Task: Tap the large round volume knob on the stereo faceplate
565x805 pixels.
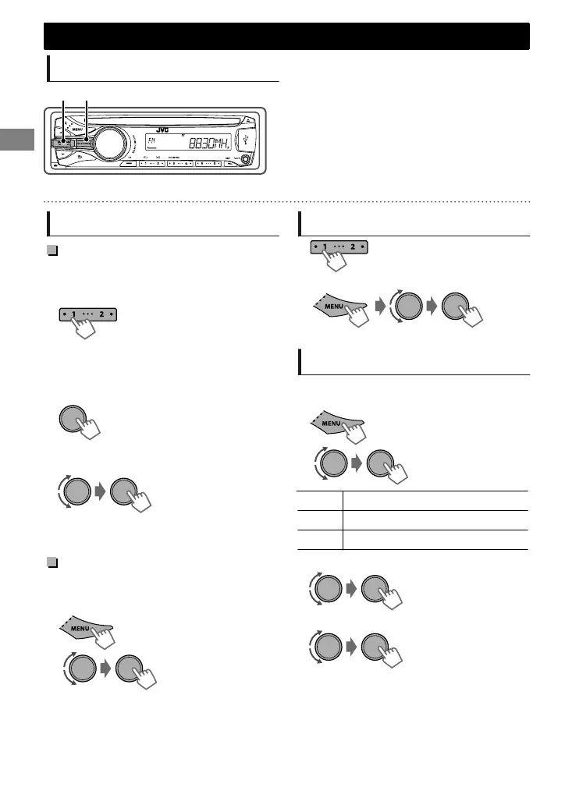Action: [x=109, y=146]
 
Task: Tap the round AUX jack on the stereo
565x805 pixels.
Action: [x=247, y=161]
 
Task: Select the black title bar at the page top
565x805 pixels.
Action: [x=286, y=36]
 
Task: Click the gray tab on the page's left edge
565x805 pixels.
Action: [x=15, y=144]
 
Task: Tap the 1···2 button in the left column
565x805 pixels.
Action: [x=87, y=314]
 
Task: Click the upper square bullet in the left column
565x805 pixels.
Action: [x=52, y=250]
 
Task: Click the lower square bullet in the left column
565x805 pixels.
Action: [x=52, y=562]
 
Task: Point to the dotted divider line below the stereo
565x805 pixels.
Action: [x=286, y=201]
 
